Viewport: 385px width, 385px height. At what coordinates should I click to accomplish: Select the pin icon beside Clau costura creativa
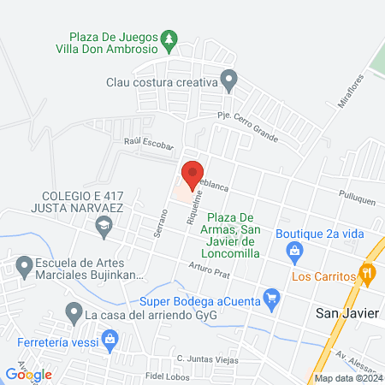[x=228, y=83]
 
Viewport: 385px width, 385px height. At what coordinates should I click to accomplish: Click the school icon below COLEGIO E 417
[x=104, y=227]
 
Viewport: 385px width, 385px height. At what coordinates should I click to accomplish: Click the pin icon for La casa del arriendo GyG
[x=74, y=315]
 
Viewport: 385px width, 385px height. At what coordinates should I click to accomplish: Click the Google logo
[x=28, y=374]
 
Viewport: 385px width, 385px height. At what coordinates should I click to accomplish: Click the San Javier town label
[x=346, y=312]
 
